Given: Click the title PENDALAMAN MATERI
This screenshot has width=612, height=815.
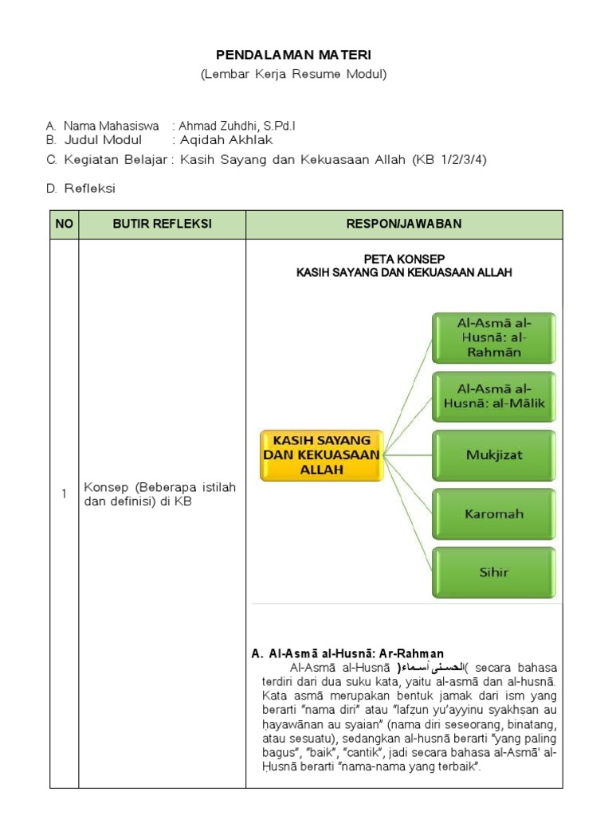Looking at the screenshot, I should pyautogui.click(x=294, y=54).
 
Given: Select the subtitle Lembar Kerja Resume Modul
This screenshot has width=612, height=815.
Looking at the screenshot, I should pyautogui.click(x=294, y=74).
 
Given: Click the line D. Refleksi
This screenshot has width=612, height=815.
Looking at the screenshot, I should pyautogui.click(x=80, y=188).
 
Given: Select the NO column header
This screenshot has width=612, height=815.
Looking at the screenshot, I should pyautogui.click(x=64, y=224).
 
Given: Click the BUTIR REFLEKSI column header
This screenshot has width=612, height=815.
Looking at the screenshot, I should pyautogui.click(x=162, y=224).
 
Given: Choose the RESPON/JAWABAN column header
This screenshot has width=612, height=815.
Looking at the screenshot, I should pyautogui.click(x=404, y=224).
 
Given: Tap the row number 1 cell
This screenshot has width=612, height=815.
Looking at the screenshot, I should pyautogui.click(x=64, y=494).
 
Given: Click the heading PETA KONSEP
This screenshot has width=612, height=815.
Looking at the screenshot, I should pyautogui.click(x=404, y=259).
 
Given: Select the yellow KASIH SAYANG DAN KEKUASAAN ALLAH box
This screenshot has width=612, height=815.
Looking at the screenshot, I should pyautogui.click(x=322, y=455).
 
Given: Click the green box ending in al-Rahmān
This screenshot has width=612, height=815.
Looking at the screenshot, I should pyautogui.click(x=494, y=337).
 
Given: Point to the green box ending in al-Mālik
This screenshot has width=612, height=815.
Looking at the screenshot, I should pyautogui.click(x=494, y=396).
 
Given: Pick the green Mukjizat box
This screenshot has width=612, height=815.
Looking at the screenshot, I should pyautogui.click(x=494, y=455).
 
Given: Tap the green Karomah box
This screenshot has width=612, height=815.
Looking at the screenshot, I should pyautogui.click(x=494, y=513).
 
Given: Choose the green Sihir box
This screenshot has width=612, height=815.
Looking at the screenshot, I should pyautogui.click(x=494, y=571).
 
